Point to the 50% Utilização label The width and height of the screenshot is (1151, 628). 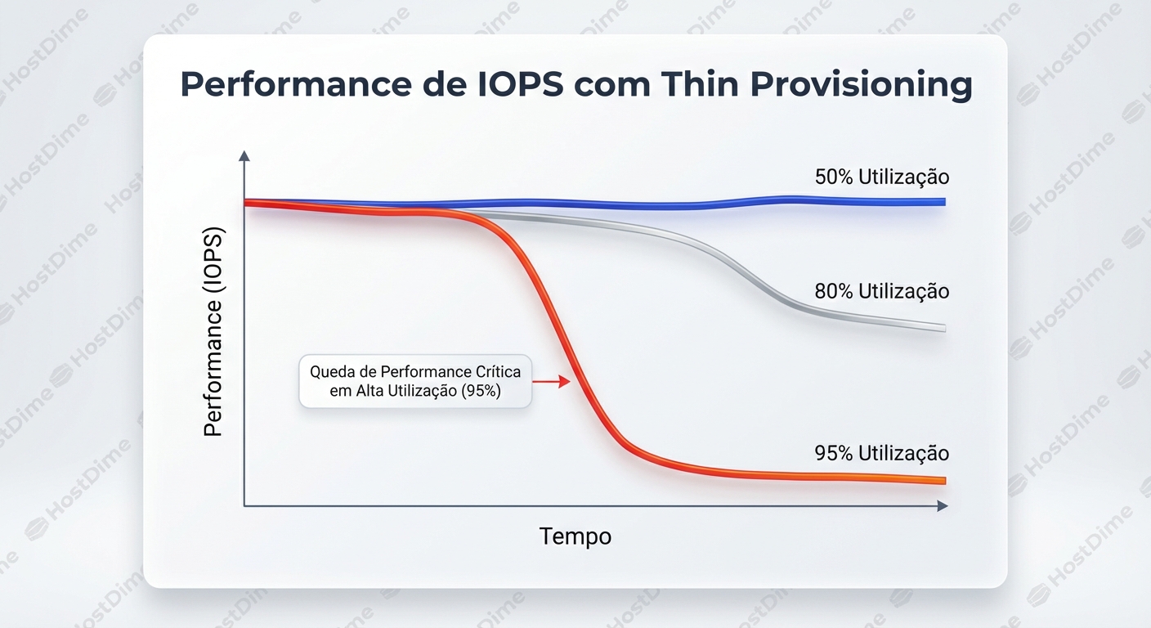point(881,177)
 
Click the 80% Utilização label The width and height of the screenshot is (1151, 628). point(881,291)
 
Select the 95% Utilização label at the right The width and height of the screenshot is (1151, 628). point(881,453)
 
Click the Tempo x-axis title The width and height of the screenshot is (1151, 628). point(575,536)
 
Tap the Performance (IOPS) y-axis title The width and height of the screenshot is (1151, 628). point(213,331)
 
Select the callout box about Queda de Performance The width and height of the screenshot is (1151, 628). point(415,381)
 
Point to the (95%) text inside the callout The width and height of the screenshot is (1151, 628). point(481,392)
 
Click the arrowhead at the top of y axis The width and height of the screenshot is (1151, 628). point(244,155)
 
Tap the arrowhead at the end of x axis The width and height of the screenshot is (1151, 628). point(943,506)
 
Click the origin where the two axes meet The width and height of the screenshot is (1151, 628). point(244,506)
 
